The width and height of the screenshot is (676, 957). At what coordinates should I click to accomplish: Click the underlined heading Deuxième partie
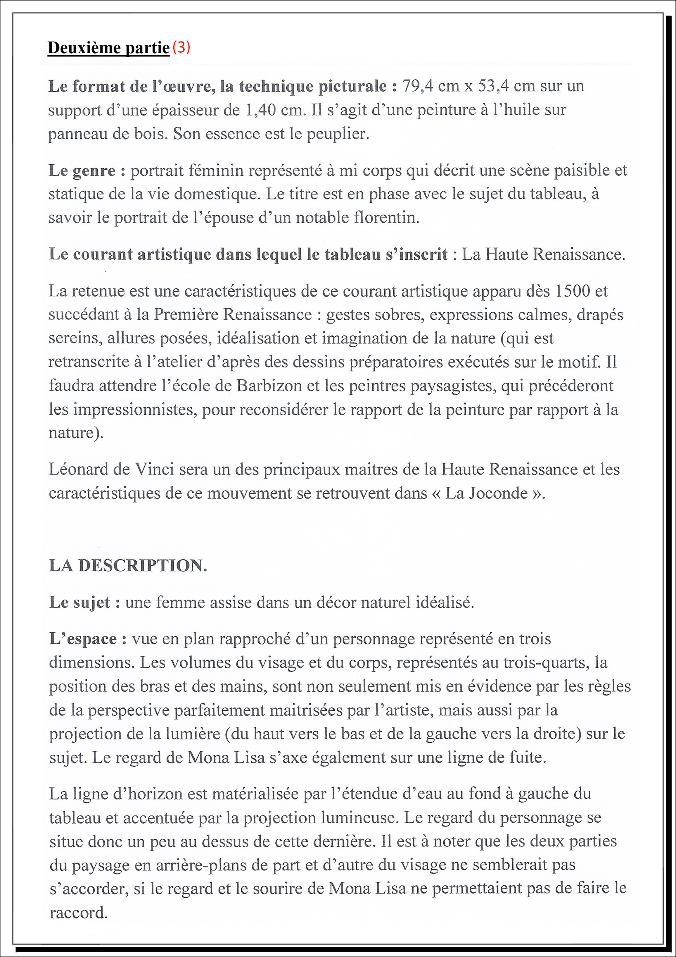coord(108,48)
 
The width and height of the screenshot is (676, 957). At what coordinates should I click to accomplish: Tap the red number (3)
coord(181,47)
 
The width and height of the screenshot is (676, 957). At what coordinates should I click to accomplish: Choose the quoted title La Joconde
coord(487,493)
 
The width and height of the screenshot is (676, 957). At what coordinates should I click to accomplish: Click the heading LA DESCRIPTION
coord(128,566)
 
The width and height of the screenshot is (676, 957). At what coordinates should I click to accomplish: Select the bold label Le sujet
coord(84,602)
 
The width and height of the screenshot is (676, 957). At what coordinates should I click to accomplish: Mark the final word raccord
coord(78,913)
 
